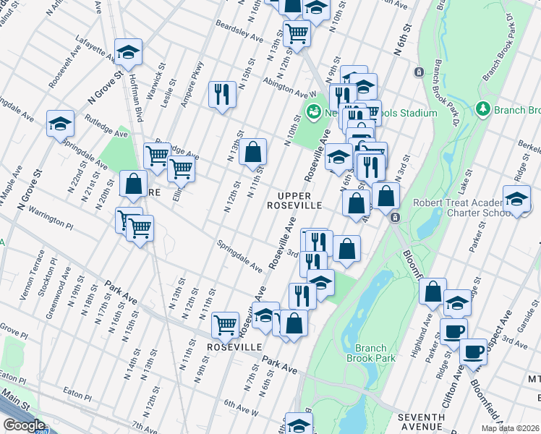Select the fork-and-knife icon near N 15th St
click(222, 94)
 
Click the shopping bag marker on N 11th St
click(252, 152)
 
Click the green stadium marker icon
click(314, 112)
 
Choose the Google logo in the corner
click(23, 425)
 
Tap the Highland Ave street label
click(428, 334)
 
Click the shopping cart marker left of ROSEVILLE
click(225, 325)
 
